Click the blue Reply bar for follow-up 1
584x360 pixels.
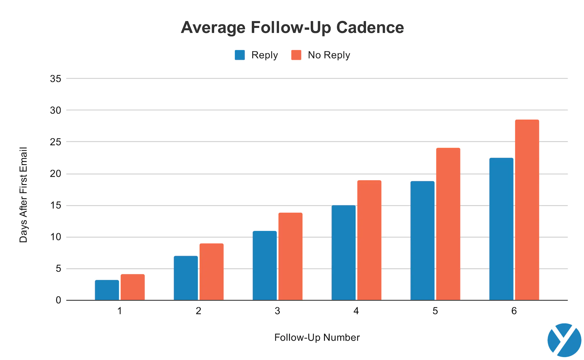107,290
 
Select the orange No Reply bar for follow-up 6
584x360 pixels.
527,210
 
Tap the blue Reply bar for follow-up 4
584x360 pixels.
344,252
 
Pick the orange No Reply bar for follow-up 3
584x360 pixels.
290,256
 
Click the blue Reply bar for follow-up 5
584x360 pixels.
422,240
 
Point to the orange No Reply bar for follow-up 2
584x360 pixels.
211,272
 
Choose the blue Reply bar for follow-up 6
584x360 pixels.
501,229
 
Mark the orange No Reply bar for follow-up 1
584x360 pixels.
132,287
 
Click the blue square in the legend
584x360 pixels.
240,55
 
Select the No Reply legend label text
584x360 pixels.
329,55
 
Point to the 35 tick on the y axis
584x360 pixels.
56,79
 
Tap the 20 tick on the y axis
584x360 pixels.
56,174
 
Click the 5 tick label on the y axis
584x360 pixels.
58,269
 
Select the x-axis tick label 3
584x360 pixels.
277,311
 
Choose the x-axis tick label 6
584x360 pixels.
514,311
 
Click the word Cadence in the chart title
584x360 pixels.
370,28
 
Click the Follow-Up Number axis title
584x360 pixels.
317,337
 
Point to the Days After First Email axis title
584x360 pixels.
23,194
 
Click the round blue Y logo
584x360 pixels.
564,340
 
